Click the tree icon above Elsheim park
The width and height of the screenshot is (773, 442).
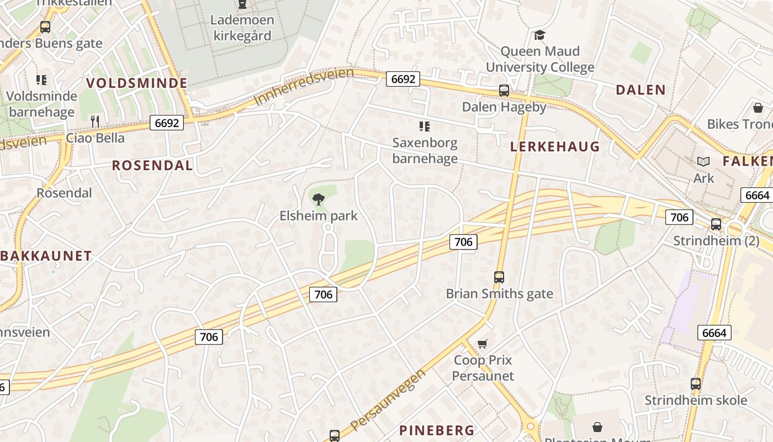318,199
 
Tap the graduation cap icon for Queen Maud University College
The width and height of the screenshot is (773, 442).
539,35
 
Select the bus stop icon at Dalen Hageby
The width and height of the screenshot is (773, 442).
504,91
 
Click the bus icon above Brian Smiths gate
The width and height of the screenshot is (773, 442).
499,277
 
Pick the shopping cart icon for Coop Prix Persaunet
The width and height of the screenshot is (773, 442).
483,344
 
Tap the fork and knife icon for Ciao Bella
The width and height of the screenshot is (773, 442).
95,121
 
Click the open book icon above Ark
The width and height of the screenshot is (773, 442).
703,161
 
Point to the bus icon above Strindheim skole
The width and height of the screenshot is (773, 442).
696,383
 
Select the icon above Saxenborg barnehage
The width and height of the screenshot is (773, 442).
424,127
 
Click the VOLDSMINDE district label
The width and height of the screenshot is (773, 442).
136,83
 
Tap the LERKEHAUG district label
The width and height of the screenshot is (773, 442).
554,146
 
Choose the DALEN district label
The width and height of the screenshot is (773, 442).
640,90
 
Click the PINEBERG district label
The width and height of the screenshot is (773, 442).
437,430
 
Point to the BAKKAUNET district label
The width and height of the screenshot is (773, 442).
46,256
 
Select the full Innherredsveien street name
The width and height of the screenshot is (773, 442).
304,87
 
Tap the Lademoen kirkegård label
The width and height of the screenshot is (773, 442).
241,28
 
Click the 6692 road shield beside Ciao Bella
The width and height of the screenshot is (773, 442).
167,123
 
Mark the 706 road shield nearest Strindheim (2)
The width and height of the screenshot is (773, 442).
679,217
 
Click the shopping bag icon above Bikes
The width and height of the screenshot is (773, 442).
758,107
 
